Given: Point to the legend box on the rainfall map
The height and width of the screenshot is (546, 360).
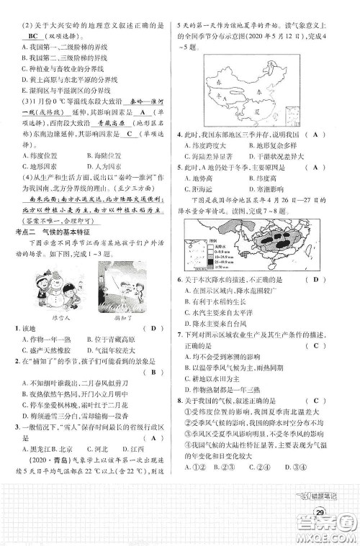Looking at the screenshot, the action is click(x=202, y=278).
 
